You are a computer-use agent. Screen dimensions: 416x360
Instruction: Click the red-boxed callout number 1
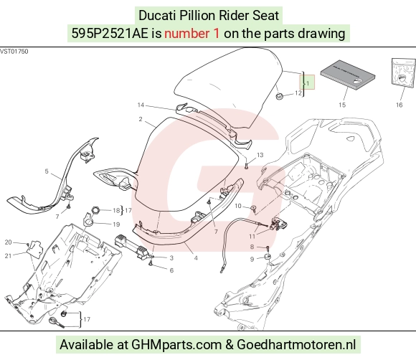(308, 83)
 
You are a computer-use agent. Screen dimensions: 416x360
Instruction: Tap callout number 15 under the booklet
(342, 105)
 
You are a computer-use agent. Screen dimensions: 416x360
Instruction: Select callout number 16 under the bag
(399, 105)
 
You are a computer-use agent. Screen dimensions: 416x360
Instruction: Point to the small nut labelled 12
(279, 96)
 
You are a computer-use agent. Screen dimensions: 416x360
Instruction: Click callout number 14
(141, 105)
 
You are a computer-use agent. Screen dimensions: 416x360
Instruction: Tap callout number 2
(141, 119)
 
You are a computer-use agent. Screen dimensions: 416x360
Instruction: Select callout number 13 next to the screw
(260, 155)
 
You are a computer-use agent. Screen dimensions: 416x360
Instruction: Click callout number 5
(47, 171)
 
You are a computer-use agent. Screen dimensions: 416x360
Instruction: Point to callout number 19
(116, 224)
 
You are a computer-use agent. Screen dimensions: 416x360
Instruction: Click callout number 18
(116, 211)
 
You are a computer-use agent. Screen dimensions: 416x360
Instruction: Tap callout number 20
(8, 242)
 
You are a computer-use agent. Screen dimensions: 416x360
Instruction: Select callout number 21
(8, 256)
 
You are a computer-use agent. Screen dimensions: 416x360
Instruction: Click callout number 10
(238, 206)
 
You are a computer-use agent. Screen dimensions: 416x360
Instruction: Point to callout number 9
(252, 260)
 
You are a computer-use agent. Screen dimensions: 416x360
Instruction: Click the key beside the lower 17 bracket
(57, 323)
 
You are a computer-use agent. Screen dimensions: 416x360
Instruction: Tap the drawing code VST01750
(14, 51)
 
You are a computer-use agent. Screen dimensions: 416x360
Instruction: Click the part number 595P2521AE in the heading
(110, 34)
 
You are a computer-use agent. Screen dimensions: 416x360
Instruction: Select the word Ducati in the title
(158, 15)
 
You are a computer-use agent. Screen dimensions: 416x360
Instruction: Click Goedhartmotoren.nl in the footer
(296, 345)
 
